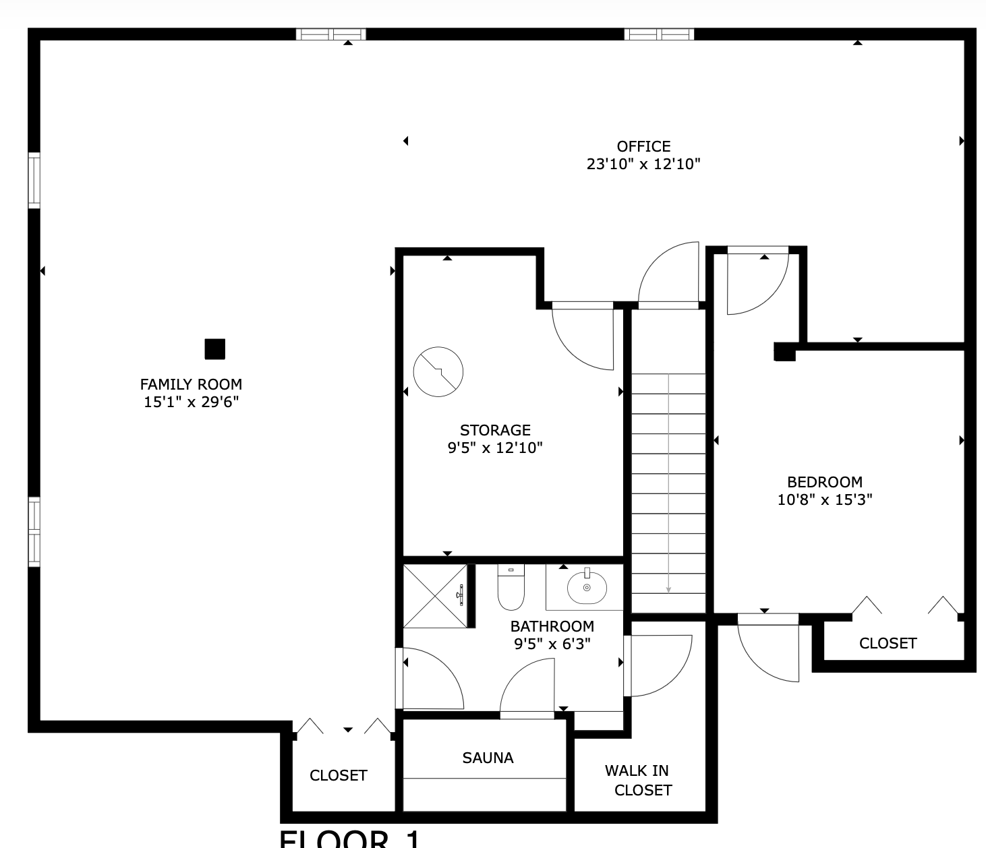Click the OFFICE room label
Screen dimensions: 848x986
(643, 146)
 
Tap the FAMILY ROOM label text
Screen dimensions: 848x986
(191, 384)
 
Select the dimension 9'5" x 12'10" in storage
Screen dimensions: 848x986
(495, 448)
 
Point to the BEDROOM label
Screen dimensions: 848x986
(825, 482)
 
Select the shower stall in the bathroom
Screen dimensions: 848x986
(435, 596)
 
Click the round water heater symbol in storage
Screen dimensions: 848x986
(438, 371)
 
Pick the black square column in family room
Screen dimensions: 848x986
(214, 349)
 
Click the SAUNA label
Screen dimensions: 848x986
(488, 758)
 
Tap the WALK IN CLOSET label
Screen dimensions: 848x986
(638, 780)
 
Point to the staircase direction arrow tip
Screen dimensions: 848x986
(668, 590)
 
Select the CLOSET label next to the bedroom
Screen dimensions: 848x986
(888, 643)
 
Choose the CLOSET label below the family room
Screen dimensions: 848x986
(338, 775)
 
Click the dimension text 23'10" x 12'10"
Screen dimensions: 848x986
(643, 164)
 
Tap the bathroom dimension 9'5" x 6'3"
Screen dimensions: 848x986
(552, 644)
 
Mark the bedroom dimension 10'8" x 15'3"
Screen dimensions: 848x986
(825, 499)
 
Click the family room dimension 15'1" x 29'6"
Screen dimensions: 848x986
(191, 402)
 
